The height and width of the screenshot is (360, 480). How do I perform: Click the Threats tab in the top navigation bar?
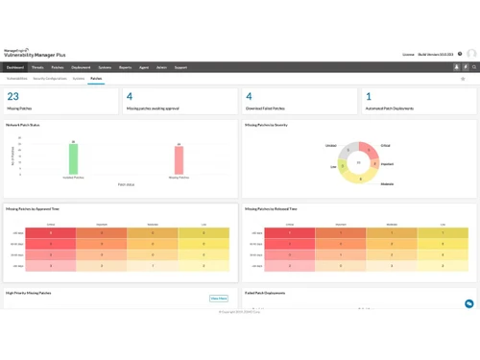[x=37, y=67]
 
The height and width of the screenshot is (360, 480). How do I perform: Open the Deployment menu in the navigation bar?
[x=81, y=67]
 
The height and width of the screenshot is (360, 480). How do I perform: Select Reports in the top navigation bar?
[x=126, y=67]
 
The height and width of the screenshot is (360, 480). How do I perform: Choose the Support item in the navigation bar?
[x=180, y=67]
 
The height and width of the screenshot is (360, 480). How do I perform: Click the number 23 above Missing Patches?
[x=13, y=96]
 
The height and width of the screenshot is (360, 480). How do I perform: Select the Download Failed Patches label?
[x=270, y=108]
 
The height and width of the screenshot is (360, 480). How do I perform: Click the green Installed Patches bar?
[x=73, y=158]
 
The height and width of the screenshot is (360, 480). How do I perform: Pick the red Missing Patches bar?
[x=179, y=159]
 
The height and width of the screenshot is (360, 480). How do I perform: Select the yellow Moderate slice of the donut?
[x=362, y=178]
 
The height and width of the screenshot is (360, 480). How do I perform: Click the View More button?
[x=219, y=299]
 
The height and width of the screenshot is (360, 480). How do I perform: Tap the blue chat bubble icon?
[x=468, y=303]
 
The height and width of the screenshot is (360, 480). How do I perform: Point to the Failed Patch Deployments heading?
[x=267, y=293]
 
